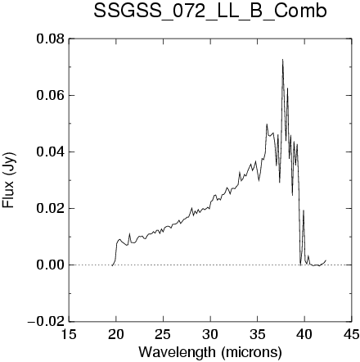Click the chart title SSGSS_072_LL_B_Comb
click(x=210, y=11)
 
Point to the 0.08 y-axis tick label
click(x=51, y=39)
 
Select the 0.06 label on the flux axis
click(x=51, y=96)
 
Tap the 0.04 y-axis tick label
click(x=51, y=152)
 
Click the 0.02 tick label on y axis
click(x=51, y=209)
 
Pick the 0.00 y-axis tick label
click(x=51, y=265)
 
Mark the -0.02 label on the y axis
click(x=47, y=322)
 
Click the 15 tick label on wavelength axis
click(x=69, y=334)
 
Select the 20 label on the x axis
click(x=116, y=334)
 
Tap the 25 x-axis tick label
click(x=163, y=334)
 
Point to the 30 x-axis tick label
click(x=210, y=334)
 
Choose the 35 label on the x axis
click(x=258, y=334)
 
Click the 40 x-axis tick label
click(x=304, y=334)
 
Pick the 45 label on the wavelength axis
click(x=352, y=334)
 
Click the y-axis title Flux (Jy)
click(x=9, y=180)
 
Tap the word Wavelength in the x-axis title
click(x=178, y=352)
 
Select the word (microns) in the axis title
click(x=251, y=352)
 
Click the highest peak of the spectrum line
click(x=282, y=60)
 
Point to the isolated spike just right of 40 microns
click(x=304, y=210)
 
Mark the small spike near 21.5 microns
click(x=130, y=233)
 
